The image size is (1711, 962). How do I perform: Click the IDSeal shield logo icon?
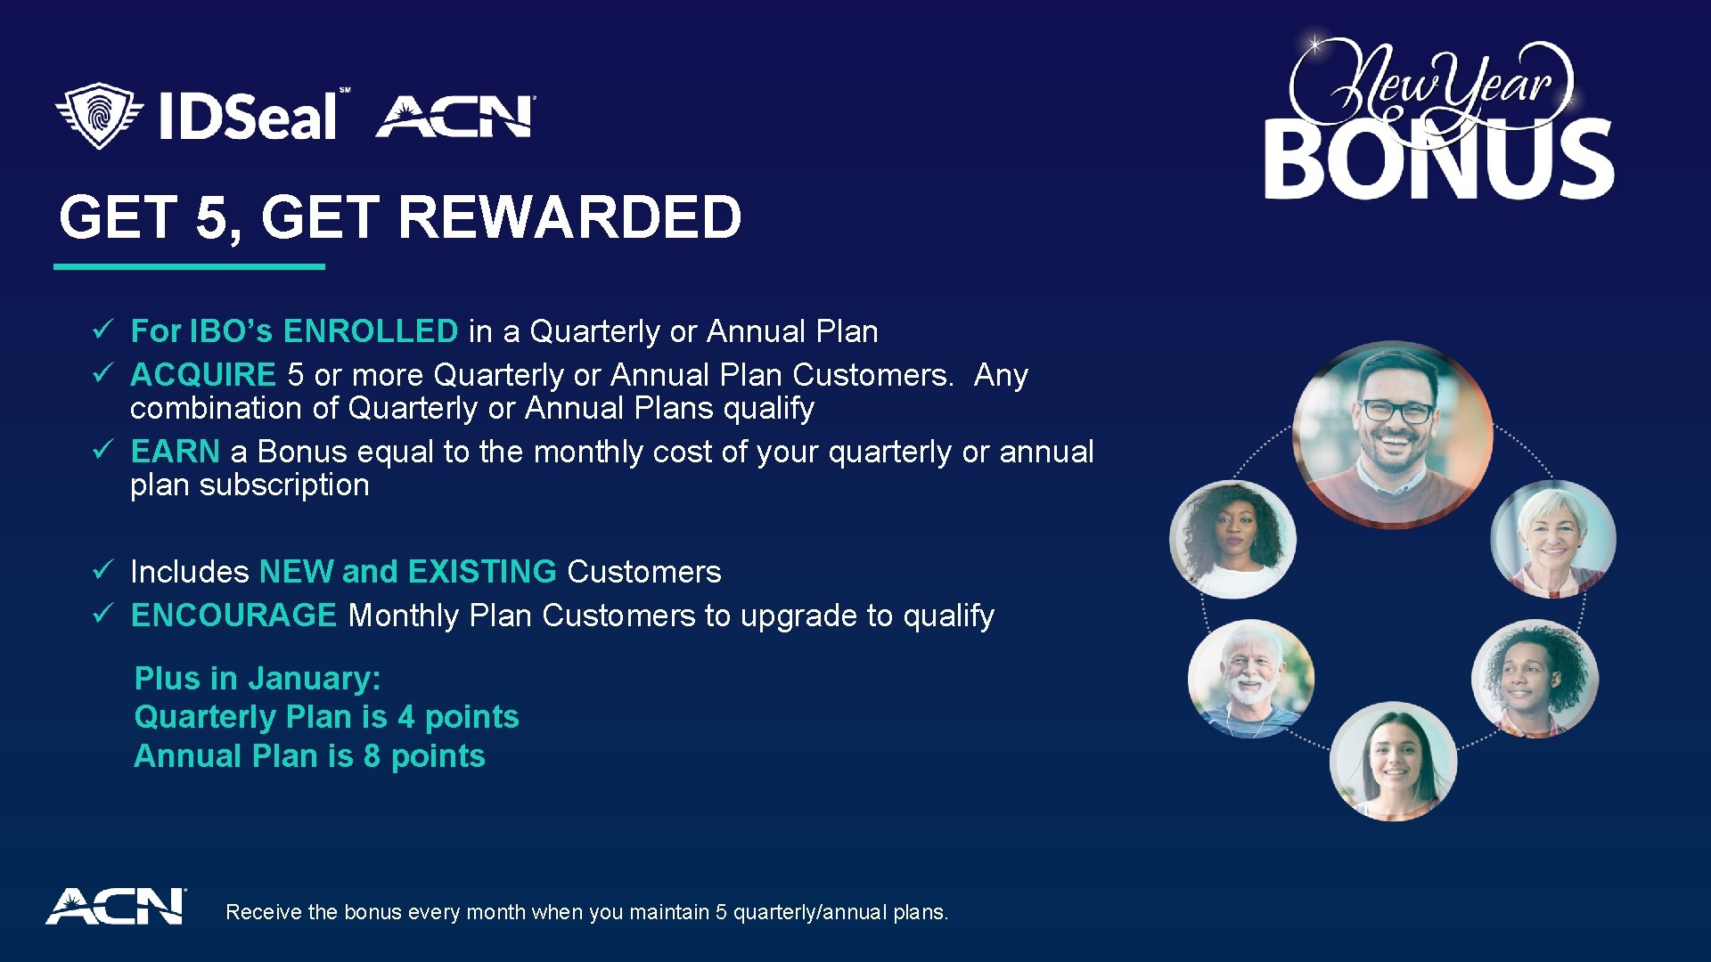tap(99, 116)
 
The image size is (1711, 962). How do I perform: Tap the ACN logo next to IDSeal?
tap(455, 117)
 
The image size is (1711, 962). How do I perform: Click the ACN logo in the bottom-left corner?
tap(116, 907)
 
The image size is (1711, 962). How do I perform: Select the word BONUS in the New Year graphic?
tap(1438, 160)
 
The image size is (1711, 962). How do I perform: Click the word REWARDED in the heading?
tap(569, 217)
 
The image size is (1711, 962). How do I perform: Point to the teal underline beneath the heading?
tap(189, 266)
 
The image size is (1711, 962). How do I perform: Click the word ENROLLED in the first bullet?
tap(370, 331)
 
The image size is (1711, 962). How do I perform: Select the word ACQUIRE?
tap(203, 375)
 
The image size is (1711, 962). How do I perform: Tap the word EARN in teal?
tap(175, 452)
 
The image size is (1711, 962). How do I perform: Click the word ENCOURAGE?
tap(233, 616)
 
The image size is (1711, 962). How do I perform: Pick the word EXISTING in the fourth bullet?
tap(482, 572)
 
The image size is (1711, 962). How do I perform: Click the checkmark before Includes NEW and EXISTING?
tap(102, 570)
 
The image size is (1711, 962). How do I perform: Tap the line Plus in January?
tap(258, 679)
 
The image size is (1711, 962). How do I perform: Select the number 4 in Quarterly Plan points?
tap(406, 717)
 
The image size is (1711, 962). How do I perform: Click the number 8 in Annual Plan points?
tap(372, 756)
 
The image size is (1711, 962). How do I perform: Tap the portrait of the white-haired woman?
tap(1552, 538)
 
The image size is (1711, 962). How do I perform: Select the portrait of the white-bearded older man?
tap(1250, 679)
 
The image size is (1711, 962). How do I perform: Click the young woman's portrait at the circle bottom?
tap(1393, 761)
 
